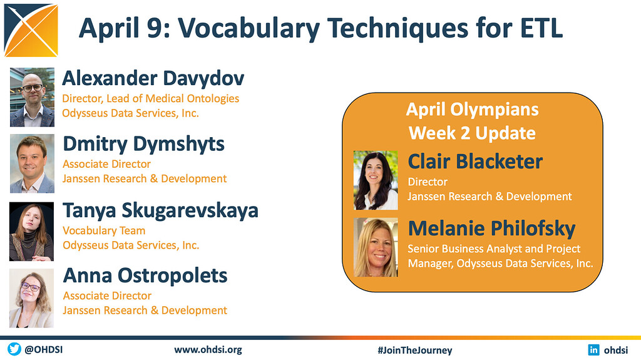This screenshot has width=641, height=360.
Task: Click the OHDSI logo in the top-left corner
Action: (31, 30)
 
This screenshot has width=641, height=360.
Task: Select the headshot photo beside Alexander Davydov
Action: (32, 97)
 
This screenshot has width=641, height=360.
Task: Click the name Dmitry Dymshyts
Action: (143, 144)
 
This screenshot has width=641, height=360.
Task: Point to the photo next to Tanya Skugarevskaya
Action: (32, 231)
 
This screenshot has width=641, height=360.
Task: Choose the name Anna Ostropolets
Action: (145, 275)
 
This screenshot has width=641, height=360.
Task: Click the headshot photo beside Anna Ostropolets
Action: (32, 298)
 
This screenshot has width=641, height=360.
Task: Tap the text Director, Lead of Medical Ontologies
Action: (150, 98)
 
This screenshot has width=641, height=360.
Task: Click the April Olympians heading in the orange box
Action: (472, 110)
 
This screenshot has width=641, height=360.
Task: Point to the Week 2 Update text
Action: (472, 133)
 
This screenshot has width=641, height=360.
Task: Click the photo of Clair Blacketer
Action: (376, 180)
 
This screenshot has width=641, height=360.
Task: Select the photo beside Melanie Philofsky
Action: (376, 247)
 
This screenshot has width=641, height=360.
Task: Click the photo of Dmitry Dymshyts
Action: (32, 163)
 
